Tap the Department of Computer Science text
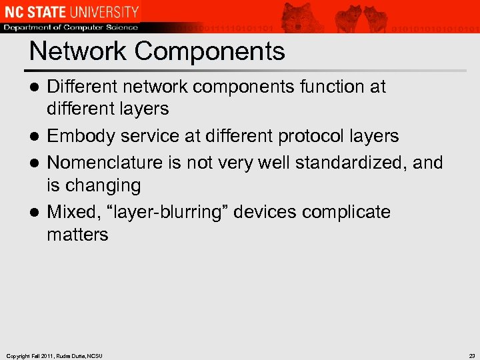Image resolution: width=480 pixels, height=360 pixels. (70, 27)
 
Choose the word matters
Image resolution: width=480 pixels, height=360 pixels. (77, 235)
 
